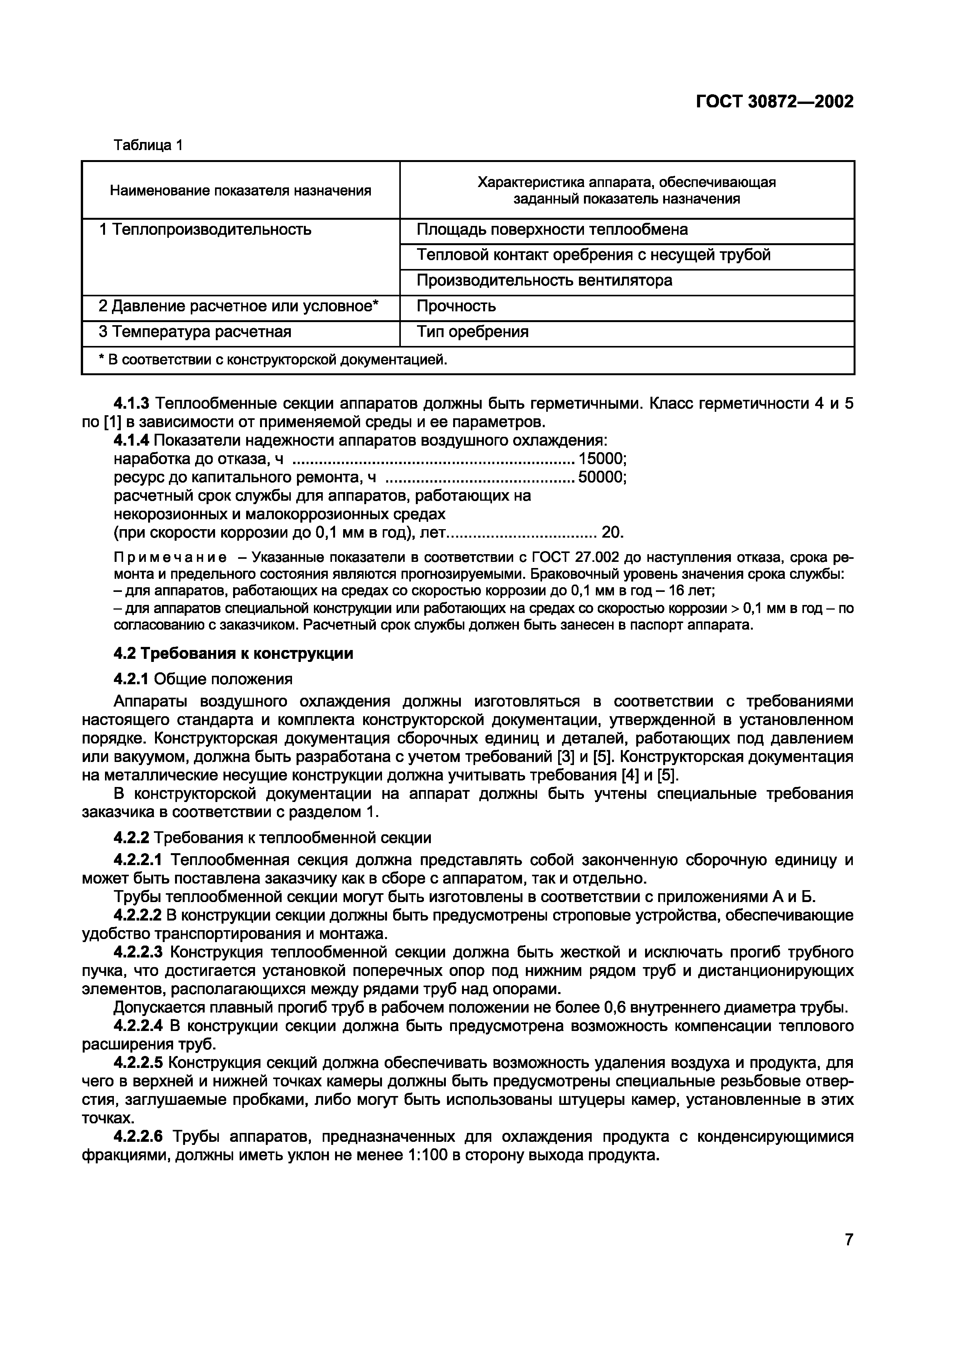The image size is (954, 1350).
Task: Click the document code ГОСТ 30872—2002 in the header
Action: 774,102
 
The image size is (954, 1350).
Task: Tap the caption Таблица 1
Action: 148,145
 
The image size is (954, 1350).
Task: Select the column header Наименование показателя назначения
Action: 240,190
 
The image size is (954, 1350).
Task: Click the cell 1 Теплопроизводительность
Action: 205,229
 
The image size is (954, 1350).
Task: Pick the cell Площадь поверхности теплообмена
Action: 552,229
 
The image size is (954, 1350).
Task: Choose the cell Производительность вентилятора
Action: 544,281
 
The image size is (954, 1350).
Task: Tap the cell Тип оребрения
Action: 473,332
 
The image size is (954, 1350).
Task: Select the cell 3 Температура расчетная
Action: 195,332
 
